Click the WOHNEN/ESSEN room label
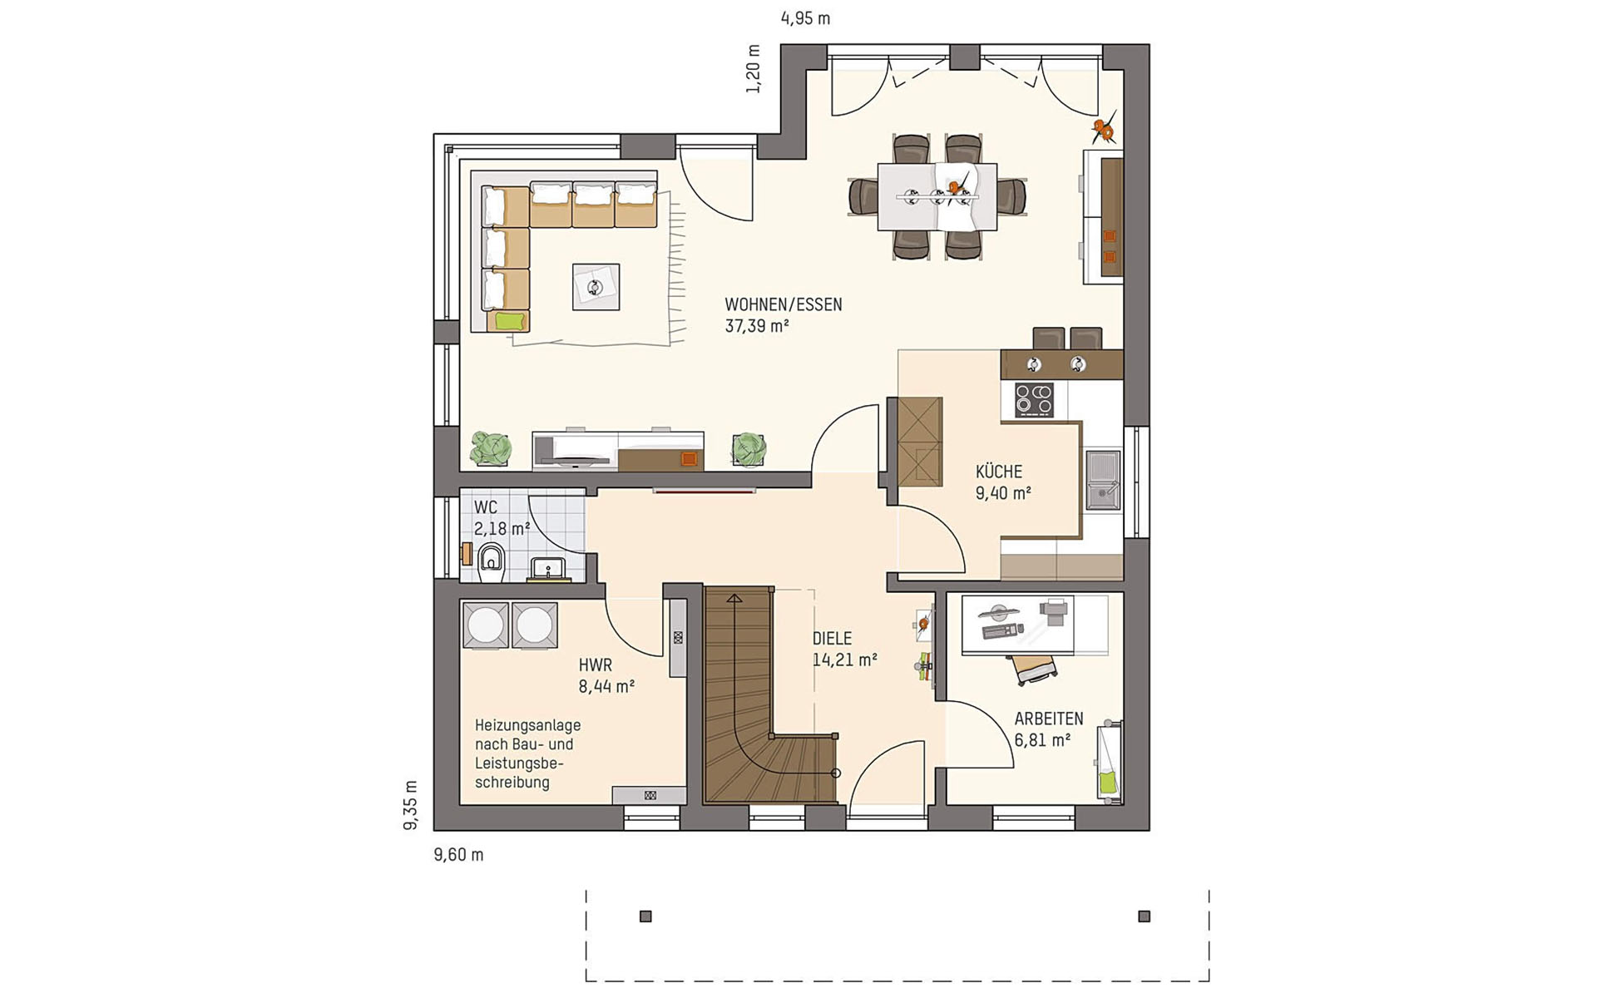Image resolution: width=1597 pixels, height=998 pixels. tap(783, 305)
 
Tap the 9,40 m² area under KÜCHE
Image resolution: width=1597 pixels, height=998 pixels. tap(1003, 493)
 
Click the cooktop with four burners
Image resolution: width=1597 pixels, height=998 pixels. tap(1034, 400)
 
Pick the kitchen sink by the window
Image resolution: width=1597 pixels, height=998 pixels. tap(1102, 480)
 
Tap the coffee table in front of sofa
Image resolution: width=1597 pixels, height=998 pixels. tap(596, 287)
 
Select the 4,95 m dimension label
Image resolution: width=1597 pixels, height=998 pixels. tap(805, 18)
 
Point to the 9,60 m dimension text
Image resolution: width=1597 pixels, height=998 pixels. tap(458, 855)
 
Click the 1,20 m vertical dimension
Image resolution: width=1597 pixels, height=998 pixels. tap(754, 69)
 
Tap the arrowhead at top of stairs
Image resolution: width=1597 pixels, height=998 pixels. tap(734, 597)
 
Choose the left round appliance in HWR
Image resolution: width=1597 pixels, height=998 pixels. tap(485, 625)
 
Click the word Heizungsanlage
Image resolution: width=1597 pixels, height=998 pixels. tap(527, 726)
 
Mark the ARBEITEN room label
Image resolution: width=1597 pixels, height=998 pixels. tap(1048, 719)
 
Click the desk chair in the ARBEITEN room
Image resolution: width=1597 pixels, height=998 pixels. tap(1034, 669)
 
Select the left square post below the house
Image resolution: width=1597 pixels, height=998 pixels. tap(645, 916)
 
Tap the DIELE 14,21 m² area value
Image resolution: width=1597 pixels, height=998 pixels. tap(844, 660)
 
